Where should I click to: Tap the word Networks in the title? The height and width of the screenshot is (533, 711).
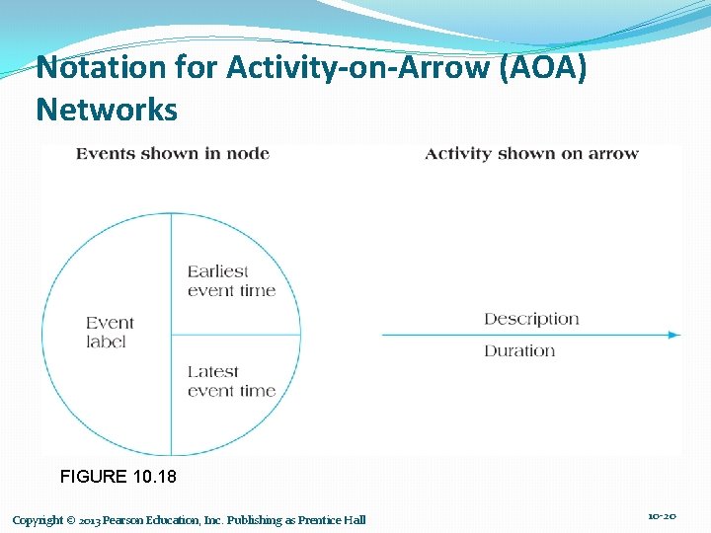[107, 109]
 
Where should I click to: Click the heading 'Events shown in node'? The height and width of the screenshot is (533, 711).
[173, 153]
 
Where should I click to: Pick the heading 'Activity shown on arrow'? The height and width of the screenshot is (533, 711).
[531, 153]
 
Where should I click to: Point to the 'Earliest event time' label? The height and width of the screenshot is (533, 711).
[231, 280]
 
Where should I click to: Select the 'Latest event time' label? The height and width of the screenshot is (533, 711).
[231, 381]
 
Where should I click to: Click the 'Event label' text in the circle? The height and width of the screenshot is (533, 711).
[110, 332]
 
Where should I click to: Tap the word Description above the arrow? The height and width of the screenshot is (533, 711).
[531, 319]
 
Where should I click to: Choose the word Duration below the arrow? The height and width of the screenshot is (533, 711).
[519, 350]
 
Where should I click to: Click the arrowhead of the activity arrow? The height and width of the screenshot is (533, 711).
[674, 335]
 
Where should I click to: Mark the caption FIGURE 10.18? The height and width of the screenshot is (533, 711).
[118, 477]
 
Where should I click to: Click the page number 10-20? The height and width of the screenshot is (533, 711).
[662, 516]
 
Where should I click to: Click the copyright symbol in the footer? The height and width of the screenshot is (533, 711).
[72, 520]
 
